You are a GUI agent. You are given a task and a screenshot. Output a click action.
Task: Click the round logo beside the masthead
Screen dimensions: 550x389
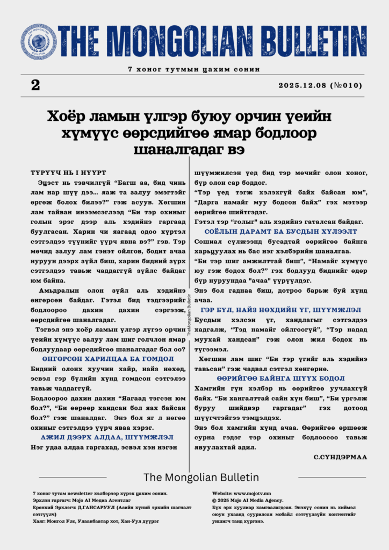tap(39, 42)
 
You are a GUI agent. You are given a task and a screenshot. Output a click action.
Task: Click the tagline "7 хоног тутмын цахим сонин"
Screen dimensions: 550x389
tap(194, 69)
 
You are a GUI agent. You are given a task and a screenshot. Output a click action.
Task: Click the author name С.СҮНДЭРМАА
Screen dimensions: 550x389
tap(340, 457)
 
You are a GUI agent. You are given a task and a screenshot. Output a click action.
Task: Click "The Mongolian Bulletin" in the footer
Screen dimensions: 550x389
tap(201, 477)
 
